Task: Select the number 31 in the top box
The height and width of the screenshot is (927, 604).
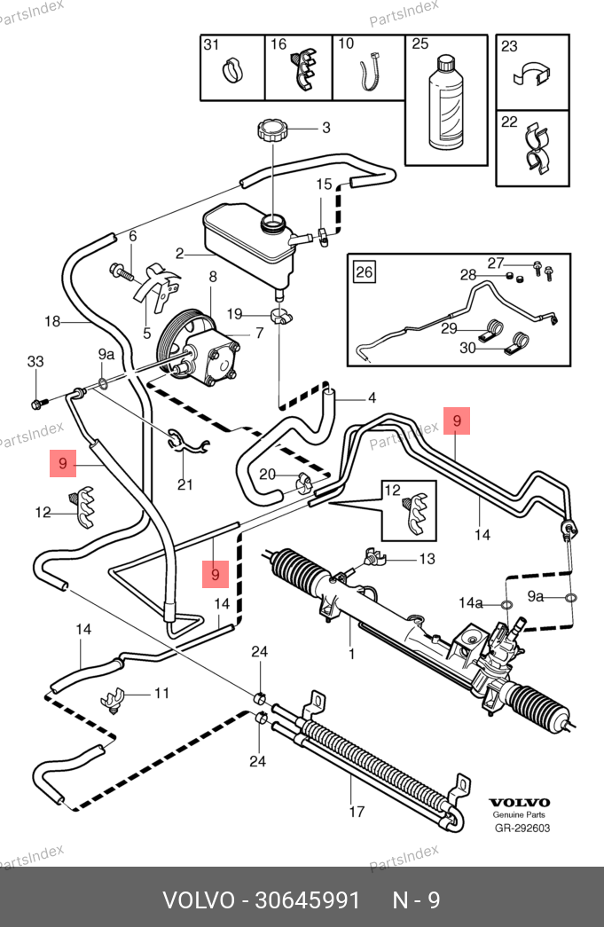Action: tap(211, 44)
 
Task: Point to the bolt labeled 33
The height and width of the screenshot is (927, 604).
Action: tap(38, 404)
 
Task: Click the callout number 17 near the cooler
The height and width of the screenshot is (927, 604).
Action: tap(357, 811)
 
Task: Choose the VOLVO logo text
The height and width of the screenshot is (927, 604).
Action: tap(520, 802)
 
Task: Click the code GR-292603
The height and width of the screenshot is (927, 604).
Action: tap(522, 829)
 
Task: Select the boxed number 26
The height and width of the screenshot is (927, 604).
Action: tap(365, 271)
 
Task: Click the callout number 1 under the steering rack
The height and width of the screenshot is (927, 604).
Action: tap(352, 656)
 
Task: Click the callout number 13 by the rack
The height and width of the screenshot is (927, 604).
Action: tap(428, 559)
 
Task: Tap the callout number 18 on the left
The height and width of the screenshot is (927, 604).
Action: tap(52, 321)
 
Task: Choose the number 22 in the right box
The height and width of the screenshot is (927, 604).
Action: tap(509, 123)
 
